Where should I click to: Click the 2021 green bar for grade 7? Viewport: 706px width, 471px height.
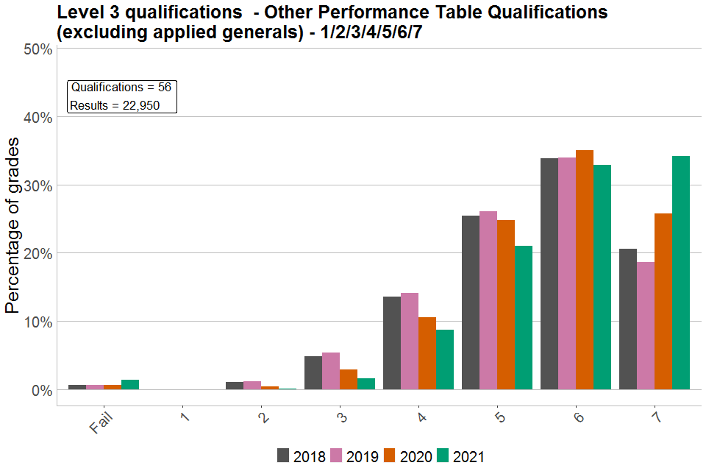coord(681,272)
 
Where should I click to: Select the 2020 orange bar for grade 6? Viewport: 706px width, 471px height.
coord(585,269)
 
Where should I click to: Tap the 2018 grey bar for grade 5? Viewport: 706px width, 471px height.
coord(471,302)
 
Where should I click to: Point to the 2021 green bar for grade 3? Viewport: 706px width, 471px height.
coord(366,383)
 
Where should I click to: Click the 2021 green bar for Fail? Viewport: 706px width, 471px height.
coord(130,384)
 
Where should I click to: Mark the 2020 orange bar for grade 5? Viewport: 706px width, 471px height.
coord(506,304)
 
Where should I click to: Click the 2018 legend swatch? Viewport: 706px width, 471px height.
coord(283,456)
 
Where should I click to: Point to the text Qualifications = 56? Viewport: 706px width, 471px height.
coord(121,88)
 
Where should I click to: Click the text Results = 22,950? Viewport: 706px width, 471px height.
coord(115,105)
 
